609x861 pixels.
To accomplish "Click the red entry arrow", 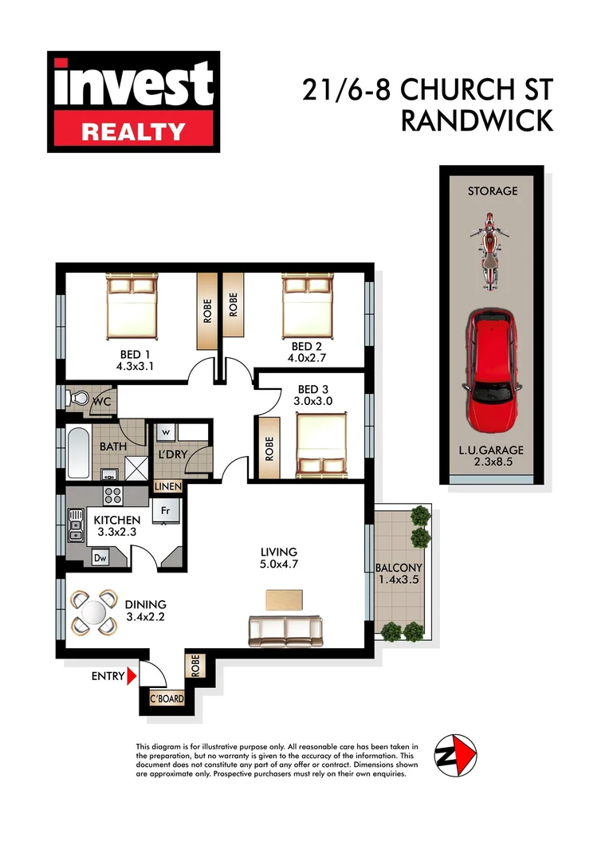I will [x=132, y=676].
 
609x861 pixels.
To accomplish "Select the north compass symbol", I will [x=455, y=753].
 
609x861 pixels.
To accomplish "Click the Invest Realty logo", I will [x=133, y=101].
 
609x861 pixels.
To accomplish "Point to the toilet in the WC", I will [x=79, y=397].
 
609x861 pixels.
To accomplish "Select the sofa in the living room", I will [x=285, y=631].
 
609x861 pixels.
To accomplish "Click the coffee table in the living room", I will [x=285, y=599].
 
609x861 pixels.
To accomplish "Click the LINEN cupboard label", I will [x=168, y=486].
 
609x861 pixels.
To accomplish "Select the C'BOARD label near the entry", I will [x=168, y=700].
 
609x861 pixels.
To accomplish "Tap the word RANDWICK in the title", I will [x=476, y=120].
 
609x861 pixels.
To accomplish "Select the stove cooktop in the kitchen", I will [x=111, y=494].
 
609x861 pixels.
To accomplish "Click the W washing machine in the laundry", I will [x=167, y=432].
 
